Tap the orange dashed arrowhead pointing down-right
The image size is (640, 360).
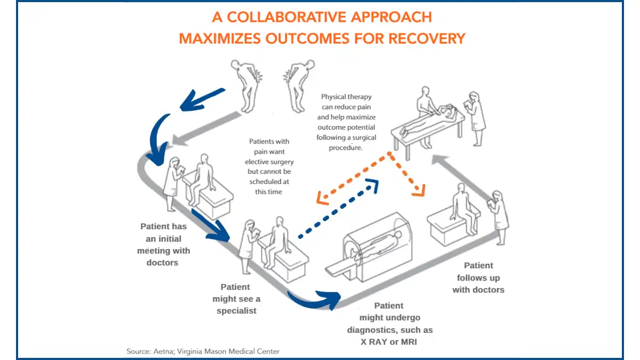419,190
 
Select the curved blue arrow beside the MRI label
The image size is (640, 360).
315,298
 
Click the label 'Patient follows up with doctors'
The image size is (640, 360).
478,277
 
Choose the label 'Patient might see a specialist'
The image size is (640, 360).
236,299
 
